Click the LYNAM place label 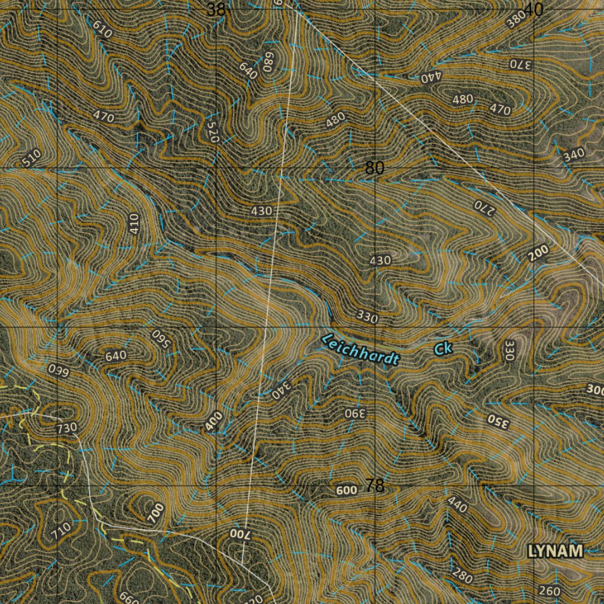[x=555, y=552]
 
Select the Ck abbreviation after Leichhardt [x=444, y=349]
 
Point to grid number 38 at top [x=216, y=9]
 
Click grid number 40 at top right [x=533, y=9]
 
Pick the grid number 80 [x=375, y=168]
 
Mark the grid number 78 [x=375, y=485]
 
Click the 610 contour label [x=103, y=29]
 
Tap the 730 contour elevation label [x=67, y=428]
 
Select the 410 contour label [x=134, y=224]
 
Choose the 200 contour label [x=538, y=253]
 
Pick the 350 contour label [x=497, y=420]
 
